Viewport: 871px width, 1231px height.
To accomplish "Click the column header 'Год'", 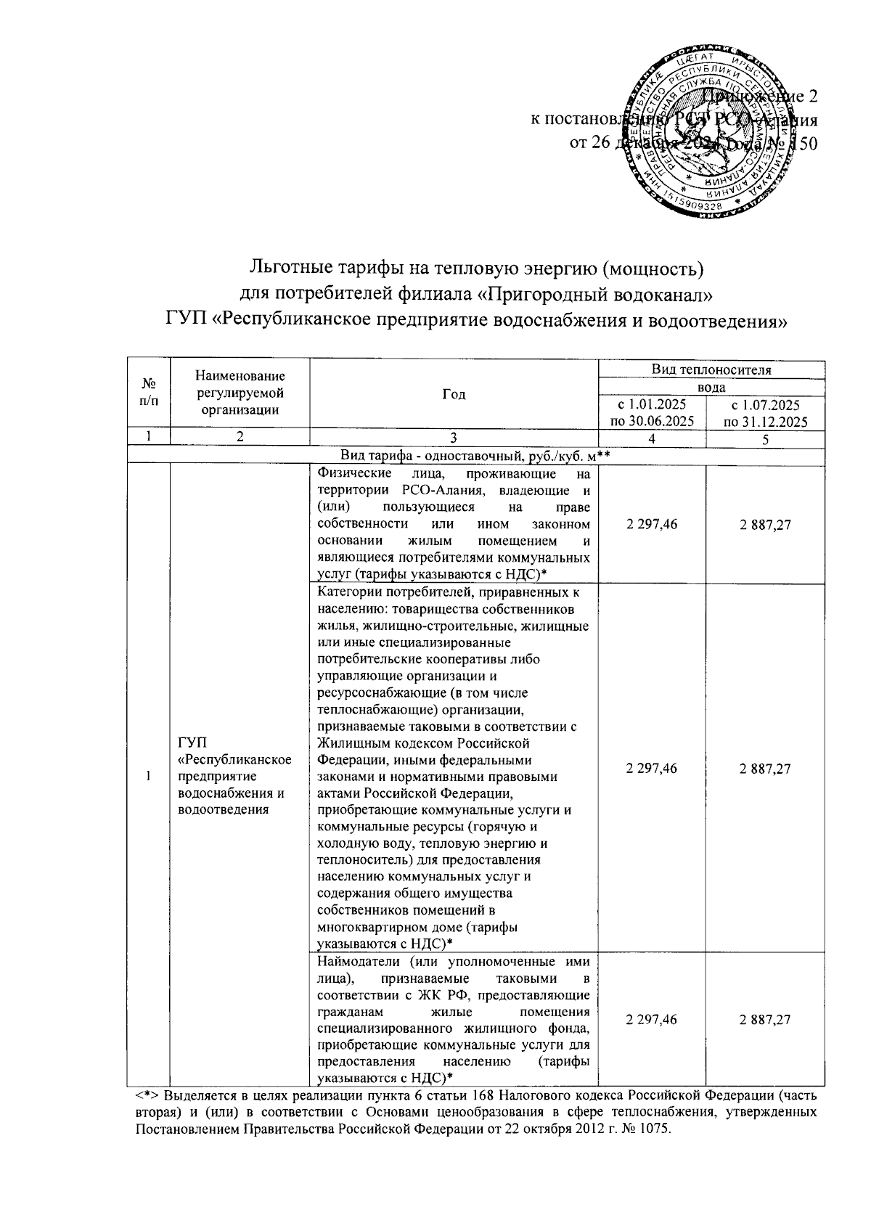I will pyautogui.click(x=454, y=394).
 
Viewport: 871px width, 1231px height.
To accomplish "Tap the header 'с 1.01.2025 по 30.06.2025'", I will pyautogui.click(x=652, y=412).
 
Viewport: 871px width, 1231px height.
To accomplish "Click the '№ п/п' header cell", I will pyautogui.click(x=148, y=394).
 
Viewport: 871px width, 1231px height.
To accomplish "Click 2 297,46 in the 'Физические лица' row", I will pyautogui.click(x=652, y=524).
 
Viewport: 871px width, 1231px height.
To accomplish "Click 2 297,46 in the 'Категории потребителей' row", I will pyautogui.click(x=652, y=769).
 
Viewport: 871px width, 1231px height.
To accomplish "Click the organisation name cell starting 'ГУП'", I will pyautogui.click(x=234, y=775).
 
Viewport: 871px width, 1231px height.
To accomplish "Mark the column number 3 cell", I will pyautogui.click(x=454, y=438).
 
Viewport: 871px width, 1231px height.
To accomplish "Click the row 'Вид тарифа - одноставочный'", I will pyautogui.click(x=475, y=455).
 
